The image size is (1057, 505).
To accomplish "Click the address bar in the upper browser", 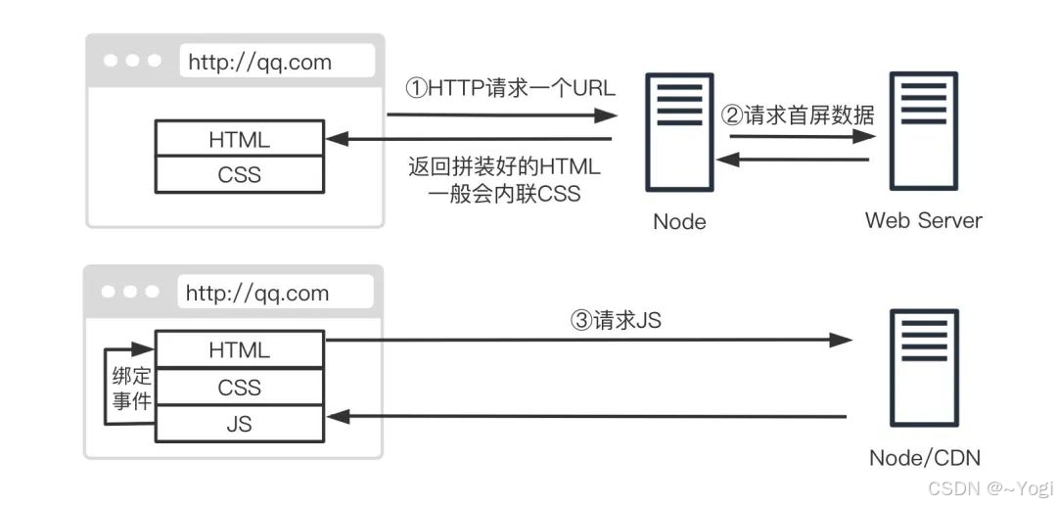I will coord(277,62).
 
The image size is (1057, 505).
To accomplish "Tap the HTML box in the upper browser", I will coord(239,139).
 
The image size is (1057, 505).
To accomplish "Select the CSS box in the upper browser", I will coord(239,175).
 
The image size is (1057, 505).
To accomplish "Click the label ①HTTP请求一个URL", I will coord(510,88).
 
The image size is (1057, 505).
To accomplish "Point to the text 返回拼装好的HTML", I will coord(504,165).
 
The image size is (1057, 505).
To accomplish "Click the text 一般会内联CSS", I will coord(504,194).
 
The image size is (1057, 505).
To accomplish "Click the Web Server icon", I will coord(921,131).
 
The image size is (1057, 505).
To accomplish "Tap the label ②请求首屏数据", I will coord(798,115).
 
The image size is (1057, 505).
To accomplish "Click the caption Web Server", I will coord(923,220).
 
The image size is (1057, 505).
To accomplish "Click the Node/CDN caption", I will coord(924,458).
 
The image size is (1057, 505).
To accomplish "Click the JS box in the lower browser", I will coord(239,425).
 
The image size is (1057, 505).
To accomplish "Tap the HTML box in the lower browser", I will coord(239,349).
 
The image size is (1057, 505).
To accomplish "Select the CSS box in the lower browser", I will coord(239,388).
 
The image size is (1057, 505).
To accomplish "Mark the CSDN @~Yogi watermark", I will coord(989,486).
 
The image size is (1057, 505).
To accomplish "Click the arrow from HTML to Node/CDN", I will coord(587,340).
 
